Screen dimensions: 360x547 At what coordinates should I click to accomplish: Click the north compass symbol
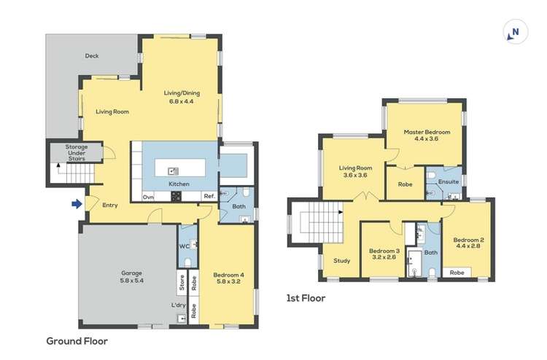coord(515,31)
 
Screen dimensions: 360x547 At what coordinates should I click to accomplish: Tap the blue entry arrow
coord(75,205)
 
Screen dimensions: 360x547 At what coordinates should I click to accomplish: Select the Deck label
coord(91,56)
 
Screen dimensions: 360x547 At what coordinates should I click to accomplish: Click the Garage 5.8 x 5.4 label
coord(131,276)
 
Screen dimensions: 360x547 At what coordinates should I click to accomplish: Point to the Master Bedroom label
coord(427,136)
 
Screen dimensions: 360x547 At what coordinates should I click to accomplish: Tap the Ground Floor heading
coord(77,340)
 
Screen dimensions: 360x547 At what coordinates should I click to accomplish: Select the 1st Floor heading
coord(306,298)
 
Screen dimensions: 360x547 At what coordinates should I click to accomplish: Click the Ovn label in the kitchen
coord(148,196)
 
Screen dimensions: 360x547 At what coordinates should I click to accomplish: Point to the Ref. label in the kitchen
coord(209,196)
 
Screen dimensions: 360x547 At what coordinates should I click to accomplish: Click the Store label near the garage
coord(179,281)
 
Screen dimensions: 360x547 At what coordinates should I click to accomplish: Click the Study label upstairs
coord(341,260)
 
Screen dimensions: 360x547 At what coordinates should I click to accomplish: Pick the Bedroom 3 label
coord(383,252)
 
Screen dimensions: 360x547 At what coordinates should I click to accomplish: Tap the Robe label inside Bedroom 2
coord(457,273)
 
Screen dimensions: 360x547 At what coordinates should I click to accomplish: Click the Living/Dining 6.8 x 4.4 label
coord(181,96)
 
